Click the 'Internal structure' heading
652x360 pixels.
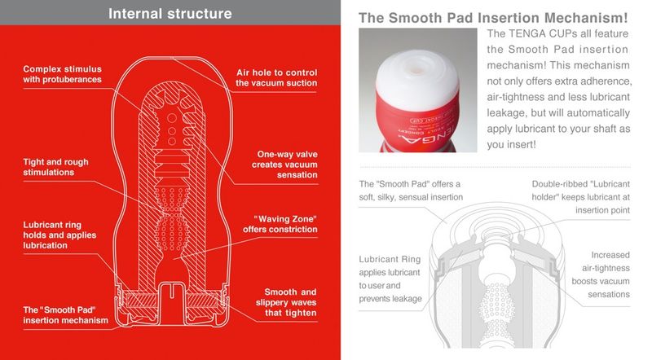click(170, 14)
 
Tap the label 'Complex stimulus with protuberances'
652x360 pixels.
click(63, 73)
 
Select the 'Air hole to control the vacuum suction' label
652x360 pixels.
click(276, 77)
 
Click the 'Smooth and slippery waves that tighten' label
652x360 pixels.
click(290, 302)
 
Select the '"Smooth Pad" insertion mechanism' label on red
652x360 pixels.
click(66, 314)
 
